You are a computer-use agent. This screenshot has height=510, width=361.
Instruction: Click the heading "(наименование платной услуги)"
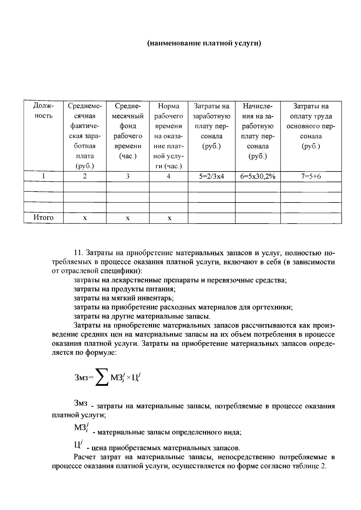204,43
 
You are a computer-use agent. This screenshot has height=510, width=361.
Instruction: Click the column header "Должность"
43,111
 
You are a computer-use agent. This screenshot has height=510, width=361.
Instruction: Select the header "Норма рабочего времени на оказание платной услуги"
168,136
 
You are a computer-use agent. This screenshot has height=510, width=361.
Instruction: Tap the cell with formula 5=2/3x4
211,176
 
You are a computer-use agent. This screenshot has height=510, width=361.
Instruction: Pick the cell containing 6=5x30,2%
258,176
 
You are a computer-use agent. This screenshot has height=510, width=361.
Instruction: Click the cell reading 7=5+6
311,176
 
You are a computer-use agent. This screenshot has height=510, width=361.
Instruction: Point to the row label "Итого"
43,218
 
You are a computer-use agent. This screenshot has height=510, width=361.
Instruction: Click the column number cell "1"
43,176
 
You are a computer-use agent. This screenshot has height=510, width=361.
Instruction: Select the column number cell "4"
168,176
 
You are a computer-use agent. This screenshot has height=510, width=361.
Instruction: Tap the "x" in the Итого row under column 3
128,218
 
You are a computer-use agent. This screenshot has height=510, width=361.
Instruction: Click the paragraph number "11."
80,253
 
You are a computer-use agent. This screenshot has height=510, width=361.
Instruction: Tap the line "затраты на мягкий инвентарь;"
124,298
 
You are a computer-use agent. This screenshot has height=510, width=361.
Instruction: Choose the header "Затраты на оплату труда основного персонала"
311,126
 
